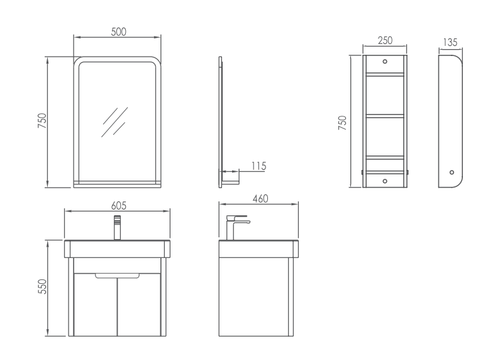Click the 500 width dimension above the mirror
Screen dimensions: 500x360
click(x=119, y=32)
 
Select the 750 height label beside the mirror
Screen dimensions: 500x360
click(x=42, y=121)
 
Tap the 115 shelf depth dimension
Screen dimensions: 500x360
click(x=258, y=166)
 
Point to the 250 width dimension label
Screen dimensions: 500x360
click(x=385, y=40)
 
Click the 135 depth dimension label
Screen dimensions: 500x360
click(x=450, y=42)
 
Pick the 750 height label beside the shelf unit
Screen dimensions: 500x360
click(x=342, y=123)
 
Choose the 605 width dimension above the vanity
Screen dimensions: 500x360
click(x=119, y=206)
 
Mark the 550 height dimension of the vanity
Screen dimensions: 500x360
click(x=42, y=286)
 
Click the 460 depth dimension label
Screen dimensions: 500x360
click(x=260, y=199)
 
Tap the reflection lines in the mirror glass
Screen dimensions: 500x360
click(x=115, y=122)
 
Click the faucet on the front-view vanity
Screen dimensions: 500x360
click(x=118, y=228)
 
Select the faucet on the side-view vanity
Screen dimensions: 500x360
click(x=238, y=227)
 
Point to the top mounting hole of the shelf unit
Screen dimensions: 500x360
click(x=385, y=61)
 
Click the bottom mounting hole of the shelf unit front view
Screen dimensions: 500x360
click(x=385, y=181)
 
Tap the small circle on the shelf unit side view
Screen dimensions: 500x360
click(x=452, y=172)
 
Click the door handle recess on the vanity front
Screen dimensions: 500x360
click(x=118, y=276)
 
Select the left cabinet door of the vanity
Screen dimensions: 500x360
click(x=96, y=305)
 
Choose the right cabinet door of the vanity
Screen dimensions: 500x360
click(x=139, y=305)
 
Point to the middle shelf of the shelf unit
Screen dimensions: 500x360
click(x=385, y=116)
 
